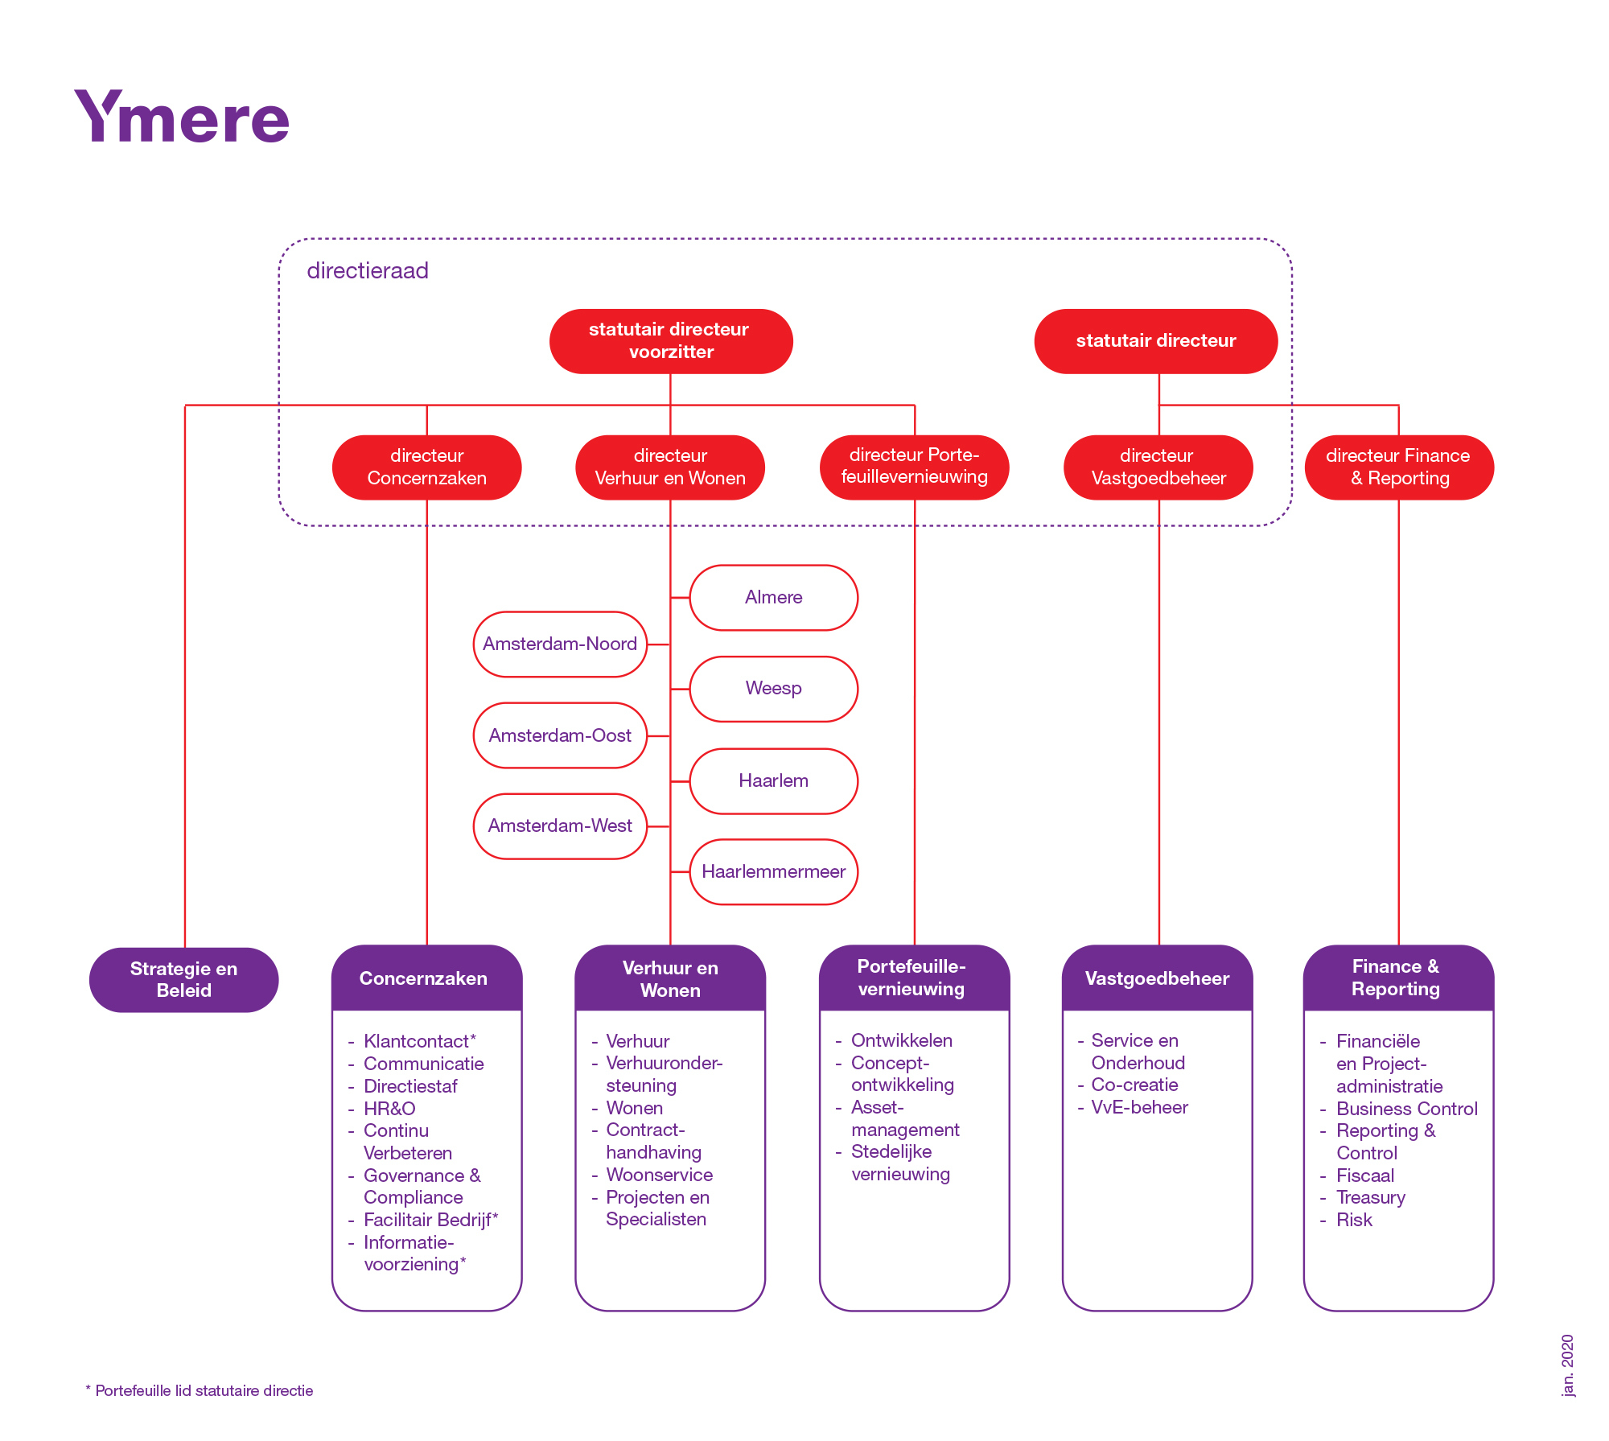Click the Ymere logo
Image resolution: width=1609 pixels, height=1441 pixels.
pyautogui.click(x=182, y=117)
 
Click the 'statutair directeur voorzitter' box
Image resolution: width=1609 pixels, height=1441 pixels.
pyautogui.click(x=671, y=341)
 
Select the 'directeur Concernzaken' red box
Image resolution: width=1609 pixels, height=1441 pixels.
pyautogui.click(x=426, y=467)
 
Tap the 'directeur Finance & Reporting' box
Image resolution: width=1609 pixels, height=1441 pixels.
pyautogui.click(x=1399, y=467)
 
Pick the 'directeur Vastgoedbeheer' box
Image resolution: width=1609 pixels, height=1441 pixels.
pyautogui.click(x=1158, y=467)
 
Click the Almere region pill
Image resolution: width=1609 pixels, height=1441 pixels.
pyautogui.click(x=774, y=598)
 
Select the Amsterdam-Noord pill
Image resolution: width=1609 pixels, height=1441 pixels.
pyautogui.click(x=560, y=644)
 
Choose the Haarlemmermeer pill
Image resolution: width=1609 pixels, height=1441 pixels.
pyautogui.click(x=774, y=872)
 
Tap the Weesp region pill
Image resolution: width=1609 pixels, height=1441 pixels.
pyautogui.click(x=774, y=689)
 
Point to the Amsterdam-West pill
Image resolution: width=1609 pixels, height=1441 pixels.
pyautogui.click(x=560, y=826)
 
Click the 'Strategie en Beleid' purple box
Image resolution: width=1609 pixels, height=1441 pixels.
pyautogui.click(x=184, y=980)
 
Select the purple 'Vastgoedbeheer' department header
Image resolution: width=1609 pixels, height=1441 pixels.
pyautogui.click(x=1158, y=978)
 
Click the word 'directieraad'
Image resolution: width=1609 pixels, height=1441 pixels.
pyautogui.click(x=368, y=270)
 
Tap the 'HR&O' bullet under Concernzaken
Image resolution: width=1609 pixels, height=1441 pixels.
pyautogui.click(x=389, y=1109)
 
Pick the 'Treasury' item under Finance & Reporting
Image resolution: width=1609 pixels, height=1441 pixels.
pyautogui.click(x=1371, y=1198)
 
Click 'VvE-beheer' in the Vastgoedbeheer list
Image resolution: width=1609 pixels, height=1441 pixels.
pyautogui.click(x=1139, y=1107)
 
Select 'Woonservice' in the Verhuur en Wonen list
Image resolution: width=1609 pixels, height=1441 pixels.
pyautogui.click(x=660, y=1175)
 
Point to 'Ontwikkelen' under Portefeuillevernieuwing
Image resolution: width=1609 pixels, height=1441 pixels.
pyautogui.click(x=902, y=1040)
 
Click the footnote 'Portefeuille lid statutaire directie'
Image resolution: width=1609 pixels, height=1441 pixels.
pyautogui.click(x=204, y=1391)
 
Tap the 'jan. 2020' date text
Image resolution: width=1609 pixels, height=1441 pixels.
pyautogui.click(x=1568, y=1366)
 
